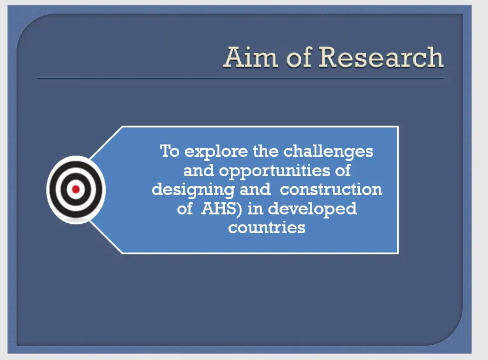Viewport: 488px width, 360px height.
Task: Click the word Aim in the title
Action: point(251,57)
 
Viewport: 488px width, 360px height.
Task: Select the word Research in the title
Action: point(381,57)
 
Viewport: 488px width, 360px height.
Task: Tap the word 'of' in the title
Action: point(299,57)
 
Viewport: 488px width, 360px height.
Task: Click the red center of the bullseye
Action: point(76,189)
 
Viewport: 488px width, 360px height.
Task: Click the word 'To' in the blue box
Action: point(170,151)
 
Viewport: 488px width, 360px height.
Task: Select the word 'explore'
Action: point(216,152)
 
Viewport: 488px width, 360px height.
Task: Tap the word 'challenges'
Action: point(328,152)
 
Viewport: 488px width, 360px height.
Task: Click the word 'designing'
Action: point(193,190)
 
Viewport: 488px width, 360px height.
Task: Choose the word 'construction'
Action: point(331,190)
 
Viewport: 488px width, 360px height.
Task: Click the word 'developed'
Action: point(312,209)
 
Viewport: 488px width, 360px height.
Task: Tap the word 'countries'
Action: point(267,227)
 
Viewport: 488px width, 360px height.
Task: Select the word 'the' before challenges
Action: point(265,151)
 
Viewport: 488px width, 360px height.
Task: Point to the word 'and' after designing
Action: point(255,189)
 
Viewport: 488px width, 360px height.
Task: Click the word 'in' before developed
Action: point(255,208)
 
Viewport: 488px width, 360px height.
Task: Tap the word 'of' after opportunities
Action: point(343,170)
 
